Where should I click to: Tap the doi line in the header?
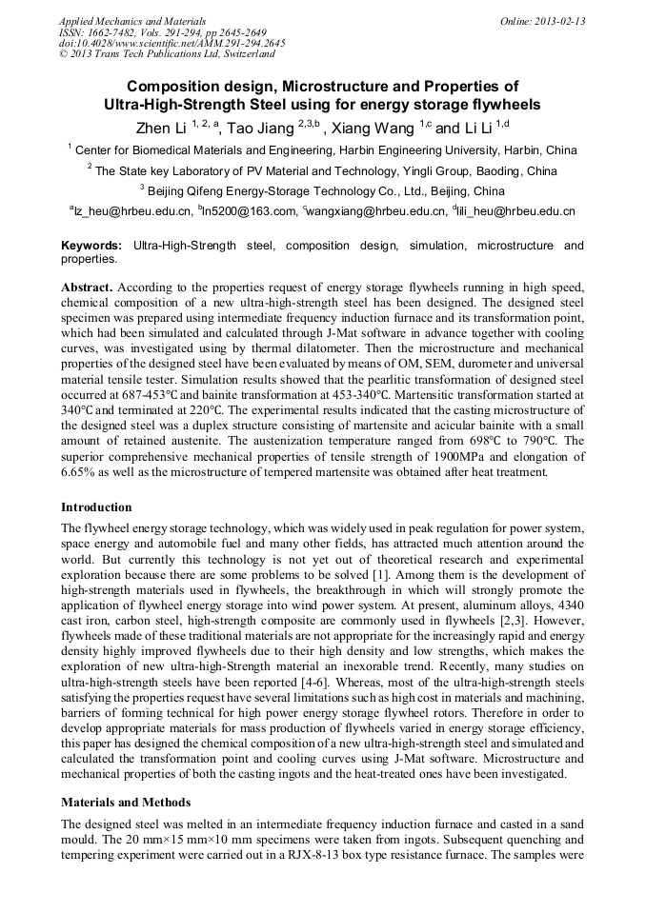tap(172, 43)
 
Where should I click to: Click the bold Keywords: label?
tap(91, 247)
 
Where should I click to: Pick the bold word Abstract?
tap(87, 288)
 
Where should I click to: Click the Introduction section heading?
tap(96, 507)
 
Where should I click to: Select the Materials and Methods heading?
tap(126, 802)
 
